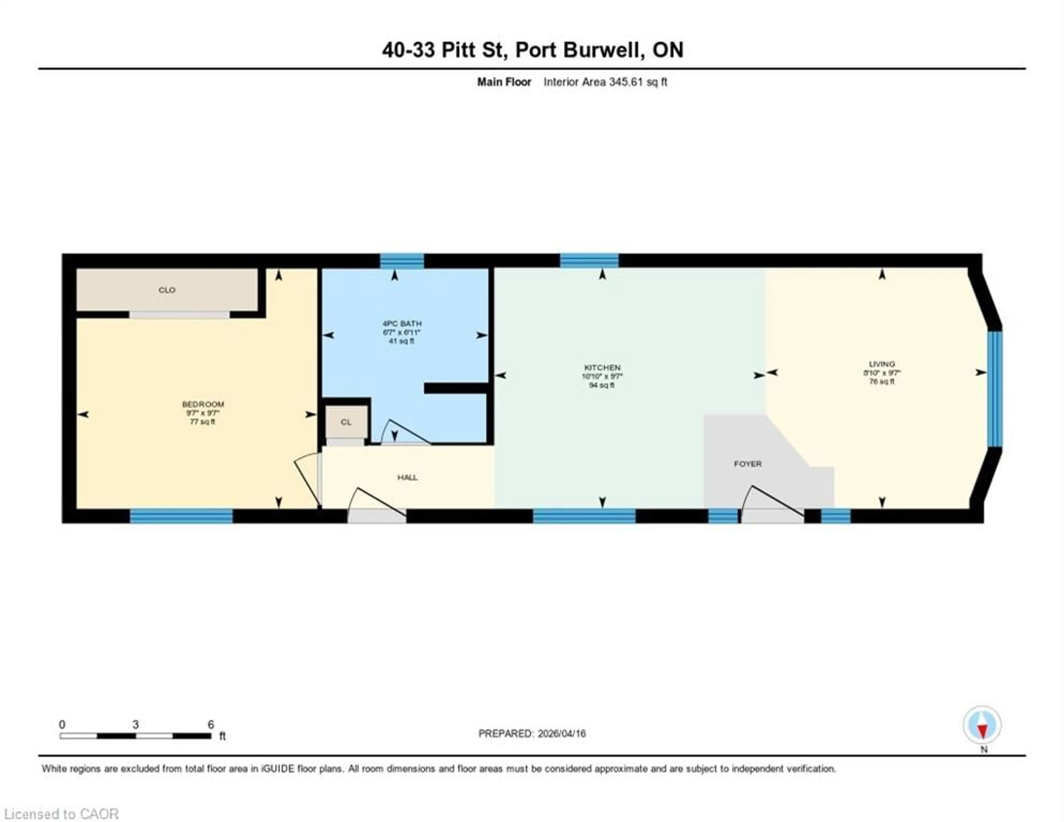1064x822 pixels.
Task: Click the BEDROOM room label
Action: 203,404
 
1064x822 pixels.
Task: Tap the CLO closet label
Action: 167,290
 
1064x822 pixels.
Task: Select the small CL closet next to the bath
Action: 346,422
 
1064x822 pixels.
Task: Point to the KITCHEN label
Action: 602,367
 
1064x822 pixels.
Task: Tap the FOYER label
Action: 747,464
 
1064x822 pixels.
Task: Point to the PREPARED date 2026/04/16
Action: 532,733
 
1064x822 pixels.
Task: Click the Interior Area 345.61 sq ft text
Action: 605,82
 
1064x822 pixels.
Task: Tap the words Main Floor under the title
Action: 504,82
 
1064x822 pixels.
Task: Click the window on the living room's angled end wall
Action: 994,388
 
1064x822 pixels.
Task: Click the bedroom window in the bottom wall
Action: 181,516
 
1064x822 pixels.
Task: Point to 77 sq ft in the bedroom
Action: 203,421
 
